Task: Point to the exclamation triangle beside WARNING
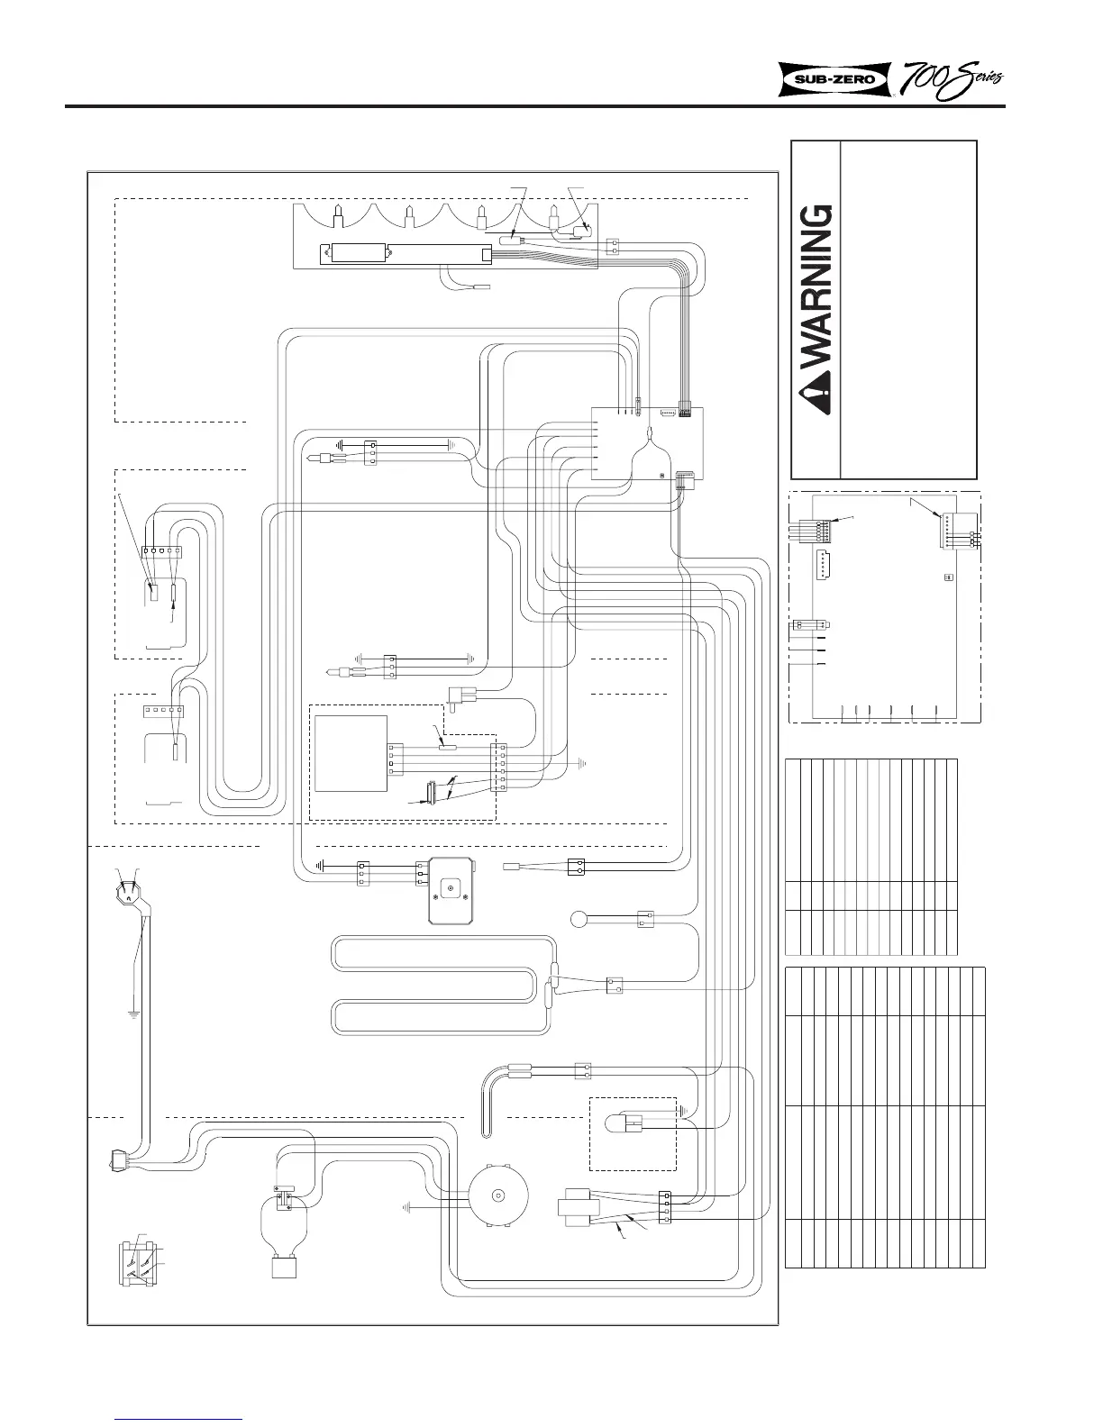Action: pyautogui.click(x=816, y=404)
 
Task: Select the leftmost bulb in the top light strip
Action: pyautogui.click(x=338, y=217)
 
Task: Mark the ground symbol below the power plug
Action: pyautogui.click(x=132, y=1013)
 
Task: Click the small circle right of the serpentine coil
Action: pyautogui.click(x=579, y=921)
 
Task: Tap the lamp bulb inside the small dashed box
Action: pyautogui.click(x=615, y=1123)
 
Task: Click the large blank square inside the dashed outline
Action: pyautogui.click(x=351, y=753)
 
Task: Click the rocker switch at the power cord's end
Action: pyautogui.click(x=118, y=1161)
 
